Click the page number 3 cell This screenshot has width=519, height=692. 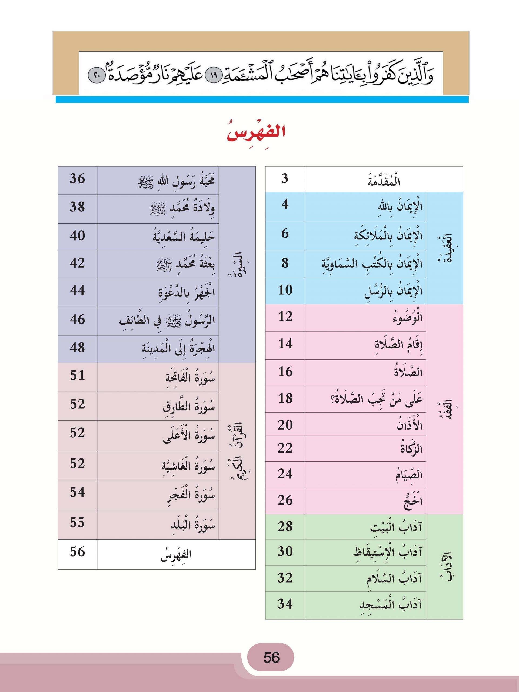[285, 179]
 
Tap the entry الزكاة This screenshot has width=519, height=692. [411, 449]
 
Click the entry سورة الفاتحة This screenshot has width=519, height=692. [190, 378]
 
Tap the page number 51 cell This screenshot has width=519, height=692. [77, 375]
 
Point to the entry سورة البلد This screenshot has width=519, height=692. [193, 525]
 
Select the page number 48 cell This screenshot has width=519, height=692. [77, 348]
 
